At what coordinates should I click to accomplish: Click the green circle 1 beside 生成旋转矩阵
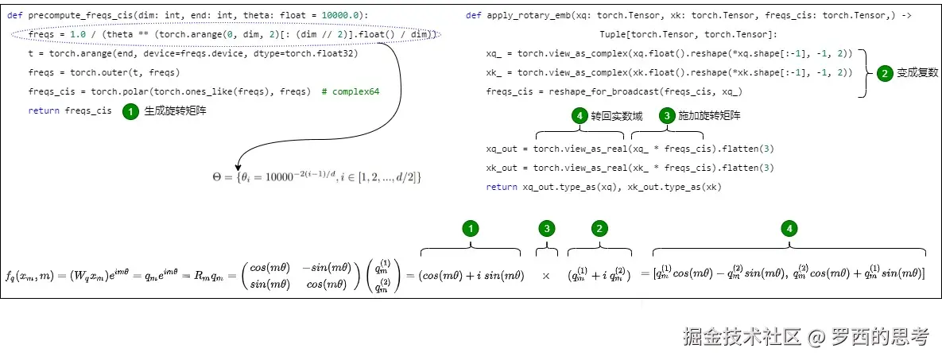coord(130,112)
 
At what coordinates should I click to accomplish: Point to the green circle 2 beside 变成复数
coord(884,73)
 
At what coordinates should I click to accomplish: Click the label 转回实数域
coord(617,116)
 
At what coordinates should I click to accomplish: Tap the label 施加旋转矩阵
coord(710,116)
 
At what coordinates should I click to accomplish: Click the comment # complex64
coord(351,92)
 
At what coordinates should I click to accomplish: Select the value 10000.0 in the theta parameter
coord(344,16)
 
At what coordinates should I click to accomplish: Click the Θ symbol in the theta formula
coord(218,177)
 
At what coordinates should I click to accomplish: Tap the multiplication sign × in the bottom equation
coord(546,275)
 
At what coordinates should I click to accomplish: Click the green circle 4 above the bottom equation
coord(789,229)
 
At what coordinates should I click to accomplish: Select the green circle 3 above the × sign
coord(546,229)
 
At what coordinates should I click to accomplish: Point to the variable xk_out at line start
coord(502,168)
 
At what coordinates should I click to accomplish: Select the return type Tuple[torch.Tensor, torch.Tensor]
coord(688,35)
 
